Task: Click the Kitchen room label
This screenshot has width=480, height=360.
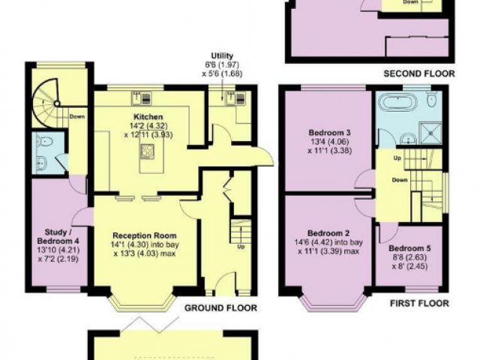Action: (x=148, y=117)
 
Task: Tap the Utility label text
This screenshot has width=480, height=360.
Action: (x=222, y=55)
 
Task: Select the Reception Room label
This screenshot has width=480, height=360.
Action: (x=145, y=235)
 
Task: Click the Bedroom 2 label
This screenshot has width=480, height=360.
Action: (x=328, y=233)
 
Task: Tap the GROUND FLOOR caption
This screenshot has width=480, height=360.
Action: (x=220, y=307)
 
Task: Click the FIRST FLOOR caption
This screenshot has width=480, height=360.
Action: (x=419, y=303)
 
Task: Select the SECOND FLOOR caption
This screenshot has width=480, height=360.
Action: (x=419, y=73)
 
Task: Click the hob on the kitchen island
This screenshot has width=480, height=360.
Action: (x=147, y=151)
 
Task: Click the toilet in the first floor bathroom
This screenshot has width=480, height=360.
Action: (x=432, y=100)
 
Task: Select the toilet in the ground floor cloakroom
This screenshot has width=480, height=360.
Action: (x=45, y=142)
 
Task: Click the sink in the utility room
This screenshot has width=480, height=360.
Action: (x=229, y=97)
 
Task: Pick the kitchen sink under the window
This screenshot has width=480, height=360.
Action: (x=136, y=97)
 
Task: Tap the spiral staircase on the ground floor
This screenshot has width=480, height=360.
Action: (x=45, y=103)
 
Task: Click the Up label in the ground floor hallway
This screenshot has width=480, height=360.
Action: (x=241, y=247)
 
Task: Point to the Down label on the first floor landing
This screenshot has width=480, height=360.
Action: (x=400, y=180)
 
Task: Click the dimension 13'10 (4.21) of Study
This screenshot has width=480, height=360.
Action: (x=58, y=250)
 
